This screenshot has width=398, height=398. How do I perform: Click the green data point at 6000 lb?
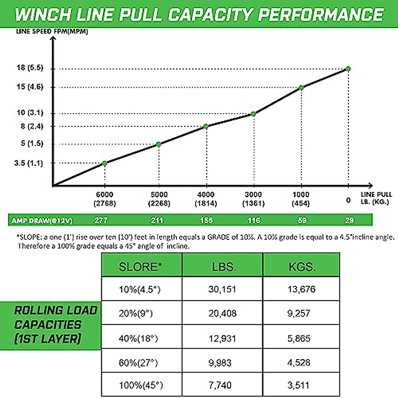[x=105, y=163]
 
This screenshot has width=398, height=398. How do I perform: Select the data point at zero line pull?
[x=348, y=69]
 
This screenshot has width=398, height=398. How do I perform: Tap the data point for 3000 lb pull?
[x=253, y=114]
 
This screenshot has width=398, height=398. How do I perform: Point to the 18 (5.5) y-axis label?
[x=30, y=68]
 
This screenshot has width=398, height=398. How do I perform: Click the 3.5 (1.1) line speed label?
[x=29, y=163]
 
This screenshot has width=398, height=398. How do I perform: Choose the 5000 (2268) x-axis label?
[x=159, y=199]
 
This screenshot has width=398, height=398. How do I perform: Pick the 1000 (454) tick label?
[x=301, y=199]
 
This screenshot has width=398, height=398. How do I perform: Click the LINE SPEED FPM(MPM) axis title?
[x=52, y=32]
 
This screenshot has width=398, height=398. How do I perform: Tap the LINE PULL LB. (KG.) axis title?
[x=376, y=198]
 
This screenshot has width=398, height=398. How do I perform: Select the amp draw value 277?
[x=101, y=220]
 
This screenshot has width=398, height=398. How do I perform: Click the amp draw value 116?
[x=254, y=220]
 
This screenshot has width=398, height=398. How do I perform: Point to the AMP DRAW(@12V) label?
[x=42, y=221]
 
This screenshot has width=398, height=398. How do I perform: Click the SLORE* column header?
[x=141, y=267]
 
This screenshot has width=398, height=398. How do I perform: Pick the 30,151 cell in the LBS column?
[x=222, y=289]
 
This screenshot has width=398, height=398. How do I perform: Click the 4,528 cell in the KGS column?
[x=299, y=363]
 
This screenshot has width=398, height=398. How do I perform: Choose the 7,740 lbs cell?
[x=220, y=385]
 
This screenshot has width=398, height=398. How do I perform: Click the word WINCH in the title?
[x=43, y=15]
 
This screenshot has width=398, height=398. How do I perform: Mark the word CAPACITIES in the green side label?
[x=48, y=325]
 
